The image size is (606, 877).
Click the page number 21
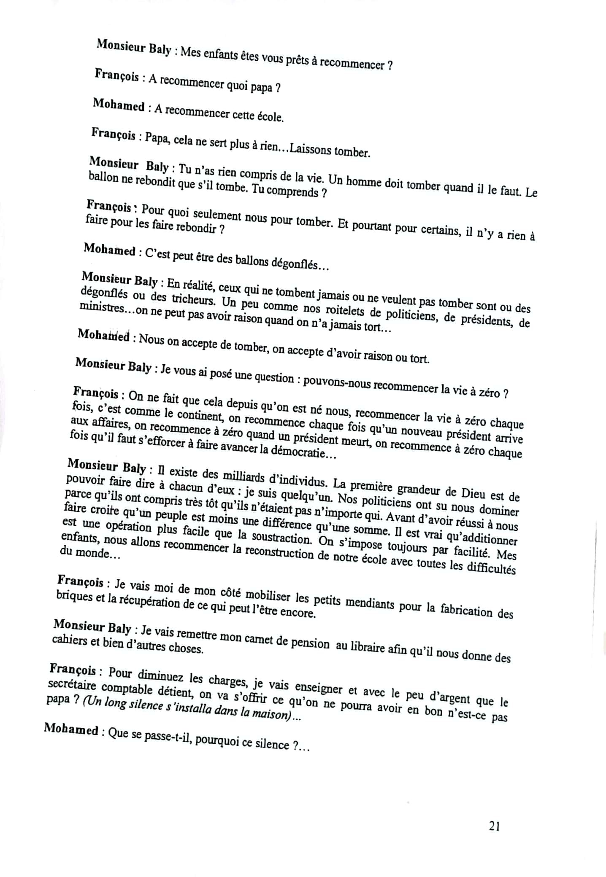[494, 826]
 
